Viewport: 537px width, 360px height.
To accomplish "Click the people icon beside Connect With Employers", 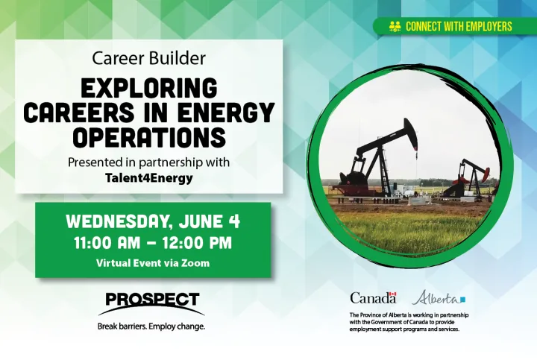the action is tap(395, 26).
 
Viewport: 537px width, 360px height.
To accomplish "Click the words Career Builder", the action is tap(148, 58).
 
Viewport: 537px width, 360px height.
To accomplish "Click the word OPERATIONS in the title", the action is tap(149, 137).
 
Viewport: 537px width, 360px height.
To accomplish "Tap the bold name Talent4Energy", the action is tap(149, 178).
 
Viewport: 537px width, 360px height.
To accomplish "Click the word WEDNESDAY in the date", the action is tap(119, 222).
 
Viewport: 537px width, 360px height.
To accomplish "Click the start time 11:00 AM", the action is tap(107, 243).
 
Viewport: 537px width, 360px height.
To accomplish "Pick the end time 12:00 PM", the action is tap(197, 243).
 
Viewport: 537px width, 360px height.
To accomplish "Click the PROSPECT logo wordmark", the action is tap(152, 300).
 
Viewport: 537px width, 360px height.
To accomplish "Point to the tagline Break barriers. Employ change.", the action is tap(151, 326).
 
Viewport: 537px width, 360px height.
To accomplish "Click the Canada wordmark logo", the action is tap(373, 297).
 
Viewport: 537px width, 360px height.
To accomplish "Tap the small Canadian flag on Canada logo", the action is tap(392, 294).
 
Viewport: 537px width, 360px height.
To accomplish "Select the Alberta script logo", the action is tap(439, 297).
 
